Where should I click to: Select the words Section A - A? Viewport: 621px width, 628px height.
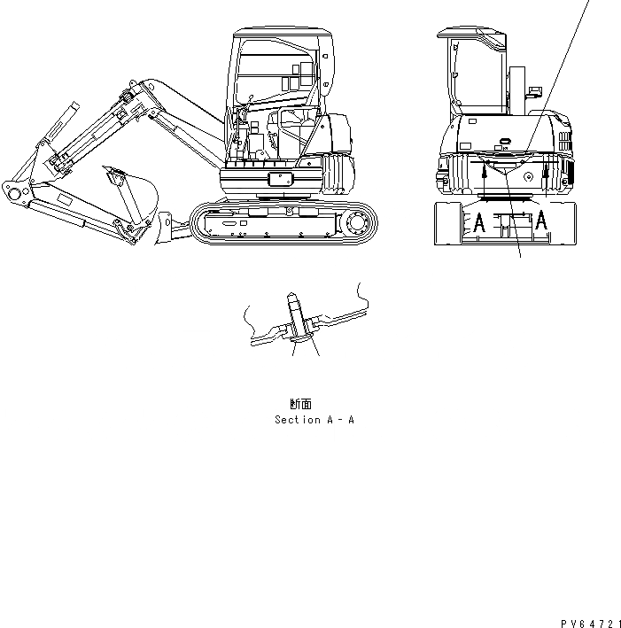coord(314,420)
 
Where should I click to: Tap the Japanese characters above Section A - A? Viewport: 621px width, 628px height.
coord(300,403)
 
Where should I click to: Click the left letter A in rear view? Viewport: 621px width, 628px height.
coord(478,222)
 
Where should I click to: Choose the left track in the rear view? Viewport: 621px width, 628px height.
coord(453,223)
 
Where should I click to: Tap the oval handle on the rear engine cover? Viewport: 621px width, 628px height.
coord(505,141)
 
